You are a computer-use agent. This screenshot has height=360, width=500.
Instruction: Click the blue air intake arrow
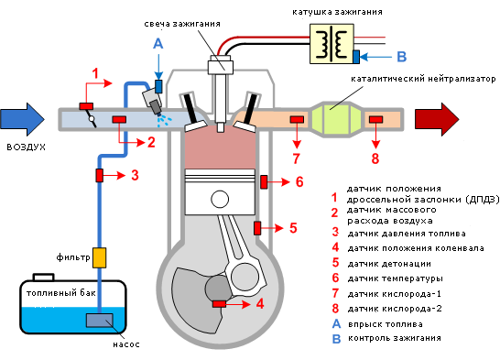coord(22,119)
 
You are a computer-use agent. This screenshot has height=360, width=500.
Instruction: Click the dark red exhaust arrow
coord(437,119)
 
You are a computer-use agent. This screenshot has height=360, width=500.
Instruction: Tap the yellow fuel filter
coord(99,257)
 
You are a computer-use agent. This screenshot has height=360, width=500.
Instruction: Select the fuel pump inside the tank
coord(100,320)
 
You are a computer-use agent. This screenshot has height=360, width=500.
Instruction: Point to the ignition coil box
coord(332,43)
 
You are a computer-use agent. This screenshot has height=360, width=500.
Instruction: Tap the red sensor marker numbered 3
coord(100,175)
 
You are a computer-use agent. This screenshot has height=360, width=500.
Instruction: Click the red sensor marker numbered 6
coord(264,181)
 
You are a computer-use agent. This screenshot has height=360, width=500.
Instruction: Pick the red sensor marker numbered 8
coord(376,119)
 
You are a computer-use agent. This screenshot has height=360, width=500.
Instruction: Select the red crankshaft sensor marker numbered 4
coord(220,304)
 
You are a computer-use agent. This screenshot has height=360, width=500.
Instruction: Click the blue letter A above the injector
coord(158,43)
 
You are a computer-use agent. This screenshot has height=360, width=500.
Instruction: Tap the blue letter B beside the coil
coord(402,57)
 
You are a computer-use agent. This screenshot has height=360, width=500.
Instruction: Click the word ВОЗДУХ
coord(27,147)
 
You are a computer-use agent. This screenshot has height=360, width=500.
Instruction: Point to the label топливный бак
coord(61,293)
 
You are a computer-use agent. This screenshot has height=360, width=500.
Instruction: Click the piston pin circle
coord(220,199)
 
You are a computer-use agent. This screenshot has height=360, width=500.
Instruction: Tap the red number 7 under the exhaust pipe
coord(297,158)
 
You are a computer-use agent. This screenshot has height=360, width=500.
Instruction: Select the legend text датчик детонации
coord(389,264)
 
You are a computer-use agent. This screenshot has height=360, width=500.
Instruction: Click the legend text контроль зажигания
coord(395,338)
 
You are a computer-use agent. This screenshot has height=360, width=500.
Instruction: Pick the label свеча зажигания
coord(182,24)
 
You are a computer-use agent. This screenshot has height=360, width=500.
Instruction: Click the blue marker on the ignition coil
coord(356,57)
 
